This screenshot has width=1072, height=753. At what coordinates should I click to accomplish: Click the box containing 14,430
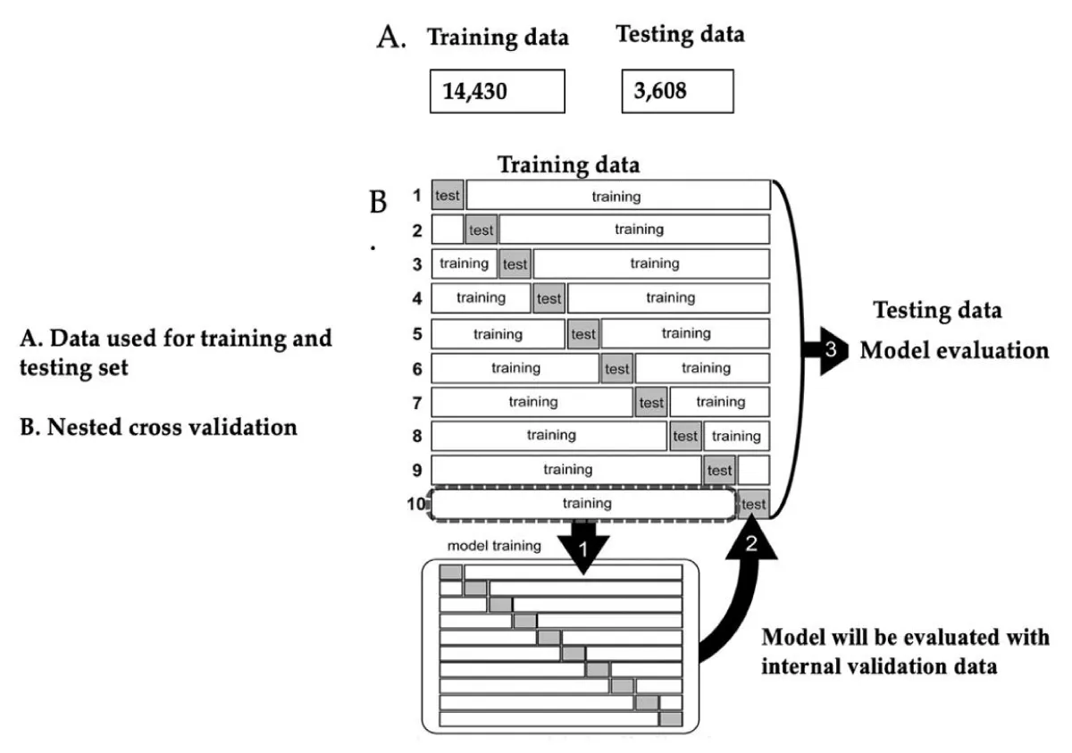tap(497, 91)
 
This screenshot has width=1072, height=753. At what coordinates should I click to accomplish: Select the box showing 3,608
tap(677, 91)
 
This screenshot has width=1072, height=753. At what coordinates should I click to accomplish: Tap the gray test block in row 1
tap(448, 196)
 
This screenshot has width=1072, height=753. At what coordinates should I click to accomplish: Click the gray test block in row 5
tap(583, 334)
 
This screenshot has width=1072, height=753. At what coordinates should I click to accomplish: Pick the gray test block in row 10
tap(753, 504)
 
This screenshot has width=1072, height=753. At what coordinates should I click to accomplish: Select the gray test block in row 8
tap(685, 436)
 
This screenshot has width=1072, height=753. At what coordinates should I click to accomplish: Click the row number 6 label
tap(417, 368)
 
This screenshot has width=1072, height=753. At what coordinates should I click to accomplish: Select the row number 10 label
tap(415, 504)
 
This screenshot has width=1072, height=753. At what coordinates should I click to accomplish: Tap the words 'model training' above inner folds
tap(494, 546)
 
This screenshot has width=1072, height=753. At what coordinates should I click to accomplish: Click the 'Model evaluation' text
tap(954, 350)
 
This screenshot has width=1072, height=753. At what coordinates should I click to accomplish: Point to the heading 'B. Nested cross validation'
tap(158, 427)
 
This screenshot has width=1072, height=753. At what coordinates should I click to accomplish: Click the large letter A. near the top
tap(392, 38)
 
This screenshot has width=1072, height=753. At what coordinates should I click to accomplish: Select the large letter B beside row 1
tap(378, 203)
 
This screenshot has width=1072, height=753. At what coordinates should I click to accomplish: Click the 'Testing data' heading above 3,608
tap(680, 35)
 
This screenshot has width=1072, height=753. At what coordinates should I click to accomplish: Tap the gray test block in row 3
tap(515, 264)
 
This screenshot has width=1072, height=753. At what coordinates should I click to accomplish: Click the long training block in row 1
tap(616, 196)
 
